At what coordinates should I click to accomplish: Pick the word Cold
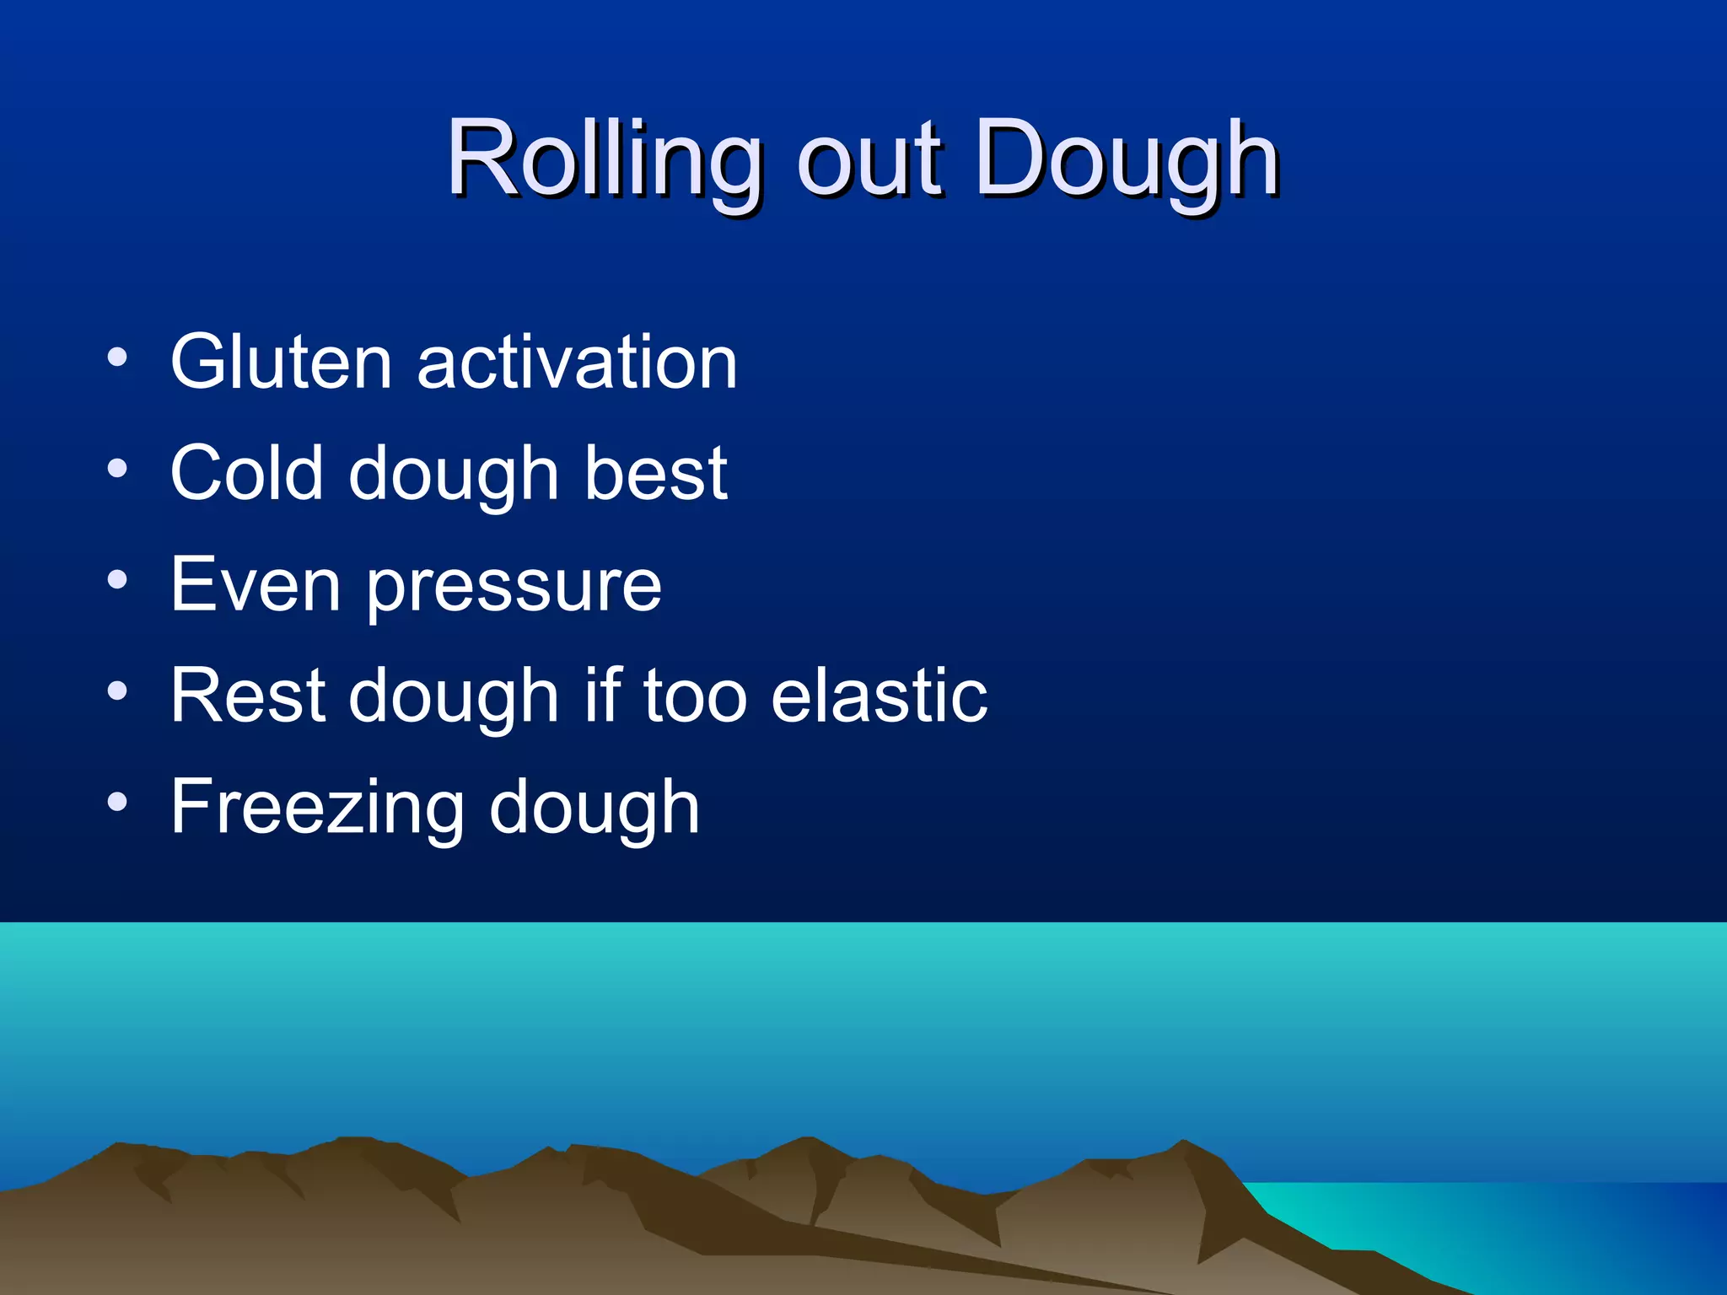(246, 473)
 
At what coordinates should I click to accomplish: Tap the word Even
(256, 584)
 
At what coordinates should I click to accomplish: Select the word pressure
(514, 588)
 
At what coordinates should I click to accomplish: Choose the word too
(695, 696)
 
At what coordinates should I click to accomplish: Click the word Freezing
(317, 808)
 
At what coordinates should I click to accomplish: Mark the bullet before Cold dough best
(117, 468)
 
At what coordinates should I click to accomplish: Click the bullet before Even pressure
(117, 579)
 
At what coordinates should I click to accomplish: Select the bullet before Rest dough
(117, 690)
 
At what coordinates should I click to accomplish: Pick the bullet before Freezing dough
(117, 802)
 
